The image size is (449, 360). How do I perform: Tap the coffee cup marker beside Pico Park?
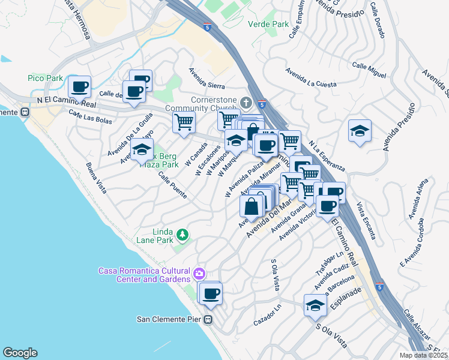(x=79, y=88)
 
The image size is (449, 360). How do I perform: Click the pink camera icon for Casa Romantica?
(x=199, y=274)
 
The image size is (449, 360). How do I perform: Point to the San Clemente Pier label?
(x=169, y=319)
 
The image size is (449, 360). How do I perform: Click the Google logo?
(x=20, y=353)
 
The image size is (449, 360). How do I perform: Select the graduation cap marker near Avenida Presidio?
(x=360, y=131)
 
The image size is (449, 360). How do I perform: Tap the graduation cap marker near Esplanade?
(x=315, y=306)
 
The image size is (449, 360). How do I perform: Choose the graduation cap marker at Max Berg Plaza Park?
(x=142, y=150)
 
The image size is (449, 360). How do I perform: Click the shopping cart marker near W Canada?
(x=184, y=122)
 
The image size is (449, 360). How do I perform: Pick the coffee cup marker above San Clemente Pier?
(x=210, y=294)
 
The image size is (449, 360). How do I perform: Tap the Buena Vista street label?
(x=96, y=178)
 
